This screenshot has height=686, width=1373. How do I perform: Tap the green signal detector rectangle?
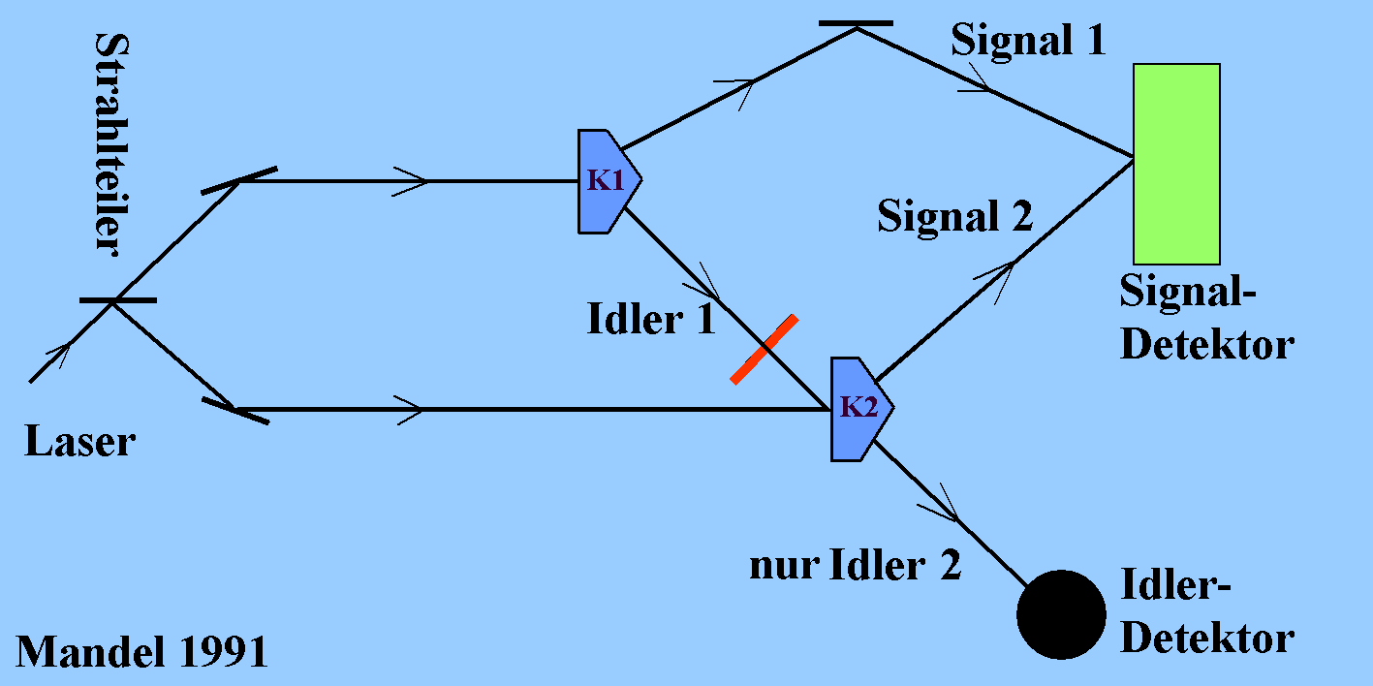point(1176,163)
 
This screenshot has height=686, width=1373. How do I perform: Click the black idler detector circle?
point(1061,614)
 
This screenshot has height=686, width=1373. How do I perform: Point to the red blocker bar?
point(765,349)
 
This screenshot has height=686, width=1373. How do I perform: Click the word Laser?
point(79,443)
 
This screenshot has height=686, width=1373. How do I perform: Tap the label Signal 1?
point(1027,42)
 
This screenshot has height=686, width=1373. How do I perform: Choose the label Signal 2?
point(955,216)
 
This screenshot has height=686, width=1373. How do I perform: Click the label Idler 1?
point(650,319)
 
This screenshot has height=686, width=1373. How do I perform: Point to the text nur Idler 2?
point(856,566)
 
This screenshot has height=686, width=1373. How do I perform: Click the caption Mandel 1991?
point(141,652)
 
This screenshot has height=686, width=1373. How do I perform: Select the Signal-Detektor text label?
point(1206,318)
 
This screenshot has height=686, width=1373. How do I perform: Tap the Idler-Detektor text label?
point(1206,611)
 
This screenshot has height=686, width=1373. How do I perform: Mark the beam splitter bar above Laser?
point(117,300)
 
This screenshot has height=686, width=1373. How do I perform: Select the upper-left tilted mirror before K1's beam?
point(238,180)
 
